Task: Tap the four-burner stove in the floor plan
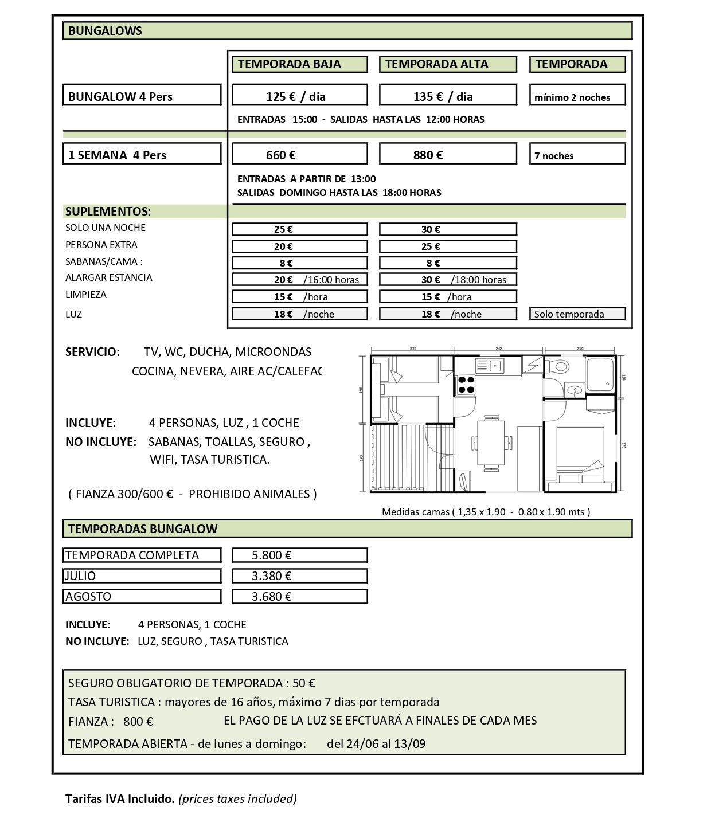[x=466, y=385]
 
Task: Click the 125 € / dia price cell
[x=299, y=96]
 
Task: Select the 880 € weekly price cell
[x=447, y=155]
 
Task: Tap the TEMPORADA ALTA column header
[x=447, y=64]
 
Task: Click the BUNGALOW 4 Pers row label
[x=142, y=96]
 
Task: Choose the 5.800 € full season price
[x=299, y=555]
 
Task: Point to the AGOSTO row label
[x=142, y=596]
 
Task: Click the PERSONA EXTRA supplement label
[x=101, y=245]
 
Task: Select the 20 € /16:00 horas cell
[x=299, y=280]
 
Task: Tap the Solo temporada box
[x=577, y=314]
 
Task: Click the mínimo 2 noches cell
[x=577, y=97]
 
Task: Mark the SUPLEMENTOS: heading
[x=108, y=211]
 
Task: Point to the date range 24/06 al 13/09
[x=376, y=744]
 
